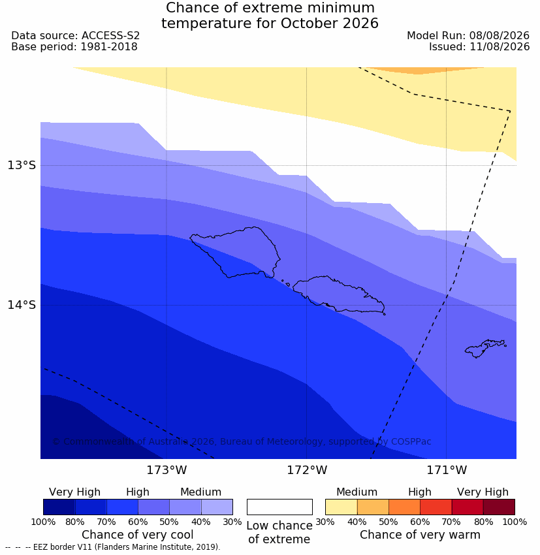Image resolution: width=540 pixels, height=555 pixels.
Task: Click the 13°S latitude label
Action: tap(22, 165)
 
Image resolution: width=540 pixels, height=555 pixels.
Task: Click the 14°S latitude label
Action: tap(22, 305)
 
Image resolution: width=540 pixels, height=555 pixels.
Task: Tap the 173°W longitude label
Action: tap(167, 470)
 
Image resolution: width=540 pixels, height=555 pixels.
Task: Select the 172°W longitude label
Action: tap(307, 470)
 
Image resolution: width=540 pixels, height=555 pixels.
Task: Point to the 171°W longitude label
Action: tap(447, 470)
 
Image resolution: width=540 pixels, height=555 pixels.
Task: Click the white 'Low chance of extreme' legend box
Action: tap(279, 507)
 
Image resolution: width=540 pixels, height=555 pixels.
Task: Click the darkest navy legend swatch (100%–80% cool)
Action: tap(59, 507)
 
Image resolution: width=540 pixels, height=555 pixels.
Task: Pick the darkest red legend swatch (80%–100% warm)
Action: tap(499, 507)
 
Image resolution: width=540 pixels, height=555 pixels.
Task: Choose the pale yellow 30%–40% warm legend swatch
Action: tap(341, 507)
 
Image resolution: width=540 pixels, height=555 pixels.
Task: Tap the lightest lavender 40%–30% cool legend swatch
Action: tap(217, 507)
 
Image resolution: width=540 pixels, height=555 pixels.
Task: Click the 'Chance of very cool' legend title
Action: tap(138, 535)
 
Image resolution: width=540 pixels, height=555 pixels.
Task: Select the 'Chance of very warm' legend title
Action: tap(420, 535)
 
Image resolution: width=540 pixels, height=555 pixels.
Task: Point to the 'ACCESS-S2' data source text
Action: tap(111, 36)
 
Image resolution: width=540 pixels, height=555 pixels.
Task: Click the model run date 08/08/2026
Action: tap(500, 36)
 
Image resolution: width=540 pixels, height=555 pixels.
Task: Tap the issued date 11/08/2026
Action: tap(500, 47)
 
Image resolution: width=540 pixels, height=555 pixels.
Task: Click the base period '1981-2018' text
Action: tap(109, 47)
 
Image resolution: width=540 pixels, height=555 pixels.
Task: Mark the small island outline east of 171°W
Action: tap(485, 348)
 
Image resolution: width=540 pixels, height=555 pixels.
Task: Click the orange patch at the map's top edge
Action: tap(424, 70)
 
